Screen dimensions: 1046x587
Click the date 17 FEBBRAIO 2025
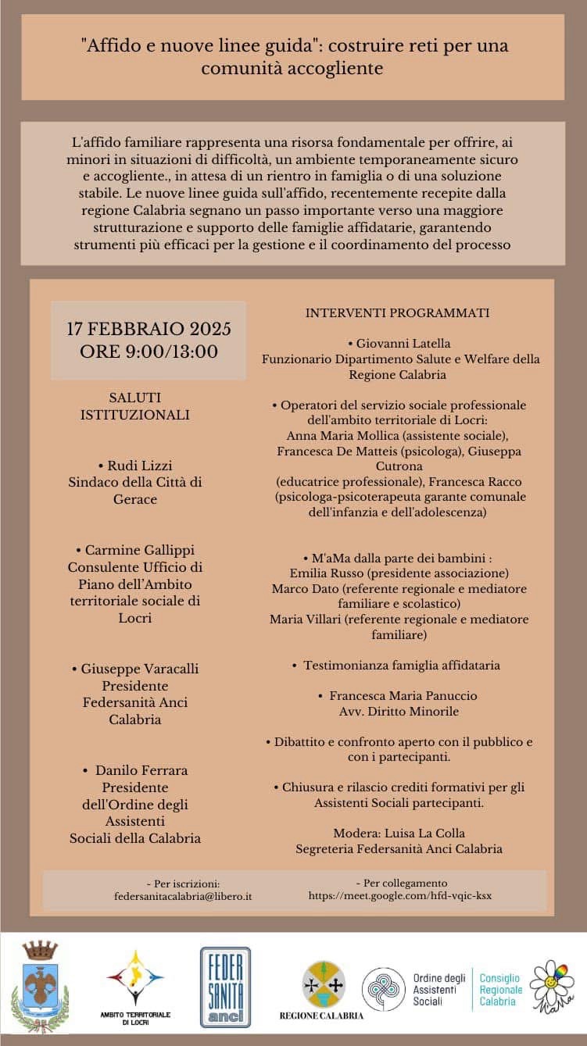coord(149,328)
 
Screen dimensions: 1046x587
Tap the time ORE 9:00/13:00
coord(149,352)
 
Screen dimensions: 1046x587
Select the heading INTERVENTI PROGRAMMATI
coord(397,312)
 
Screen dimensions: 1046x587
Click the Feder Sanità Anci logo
coord(226,987)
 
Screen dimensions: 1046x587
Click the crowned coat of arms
coord(40,986)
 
